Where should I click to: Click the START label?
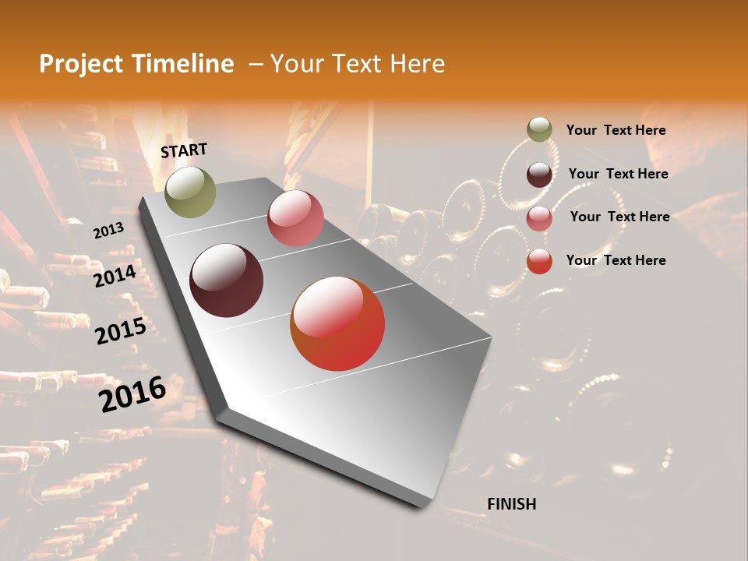184,150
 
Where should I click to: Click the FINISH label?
511,504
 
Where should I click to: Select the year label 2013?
108,231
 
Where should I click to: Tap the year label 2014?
115,277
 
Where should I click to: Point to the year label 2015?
121,332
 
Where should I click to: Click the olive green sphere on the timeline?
190,192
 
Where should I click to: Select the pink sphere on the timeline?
295,218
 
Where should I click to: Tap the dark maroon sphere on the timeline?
227,280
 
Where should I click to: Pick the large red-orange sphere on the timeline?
337,323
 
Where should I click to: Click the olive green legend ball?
539,130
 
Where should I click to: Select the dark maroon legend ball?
539,175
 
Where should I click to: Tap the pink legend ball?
539,217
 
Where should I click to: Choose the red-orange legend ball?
539,261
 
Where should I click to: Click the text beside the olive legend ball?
616,130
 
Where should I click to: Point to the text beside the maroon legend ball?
618,174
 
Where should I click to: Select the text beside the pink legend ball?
619,217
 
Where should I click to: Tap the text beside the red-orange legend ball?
616,260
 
